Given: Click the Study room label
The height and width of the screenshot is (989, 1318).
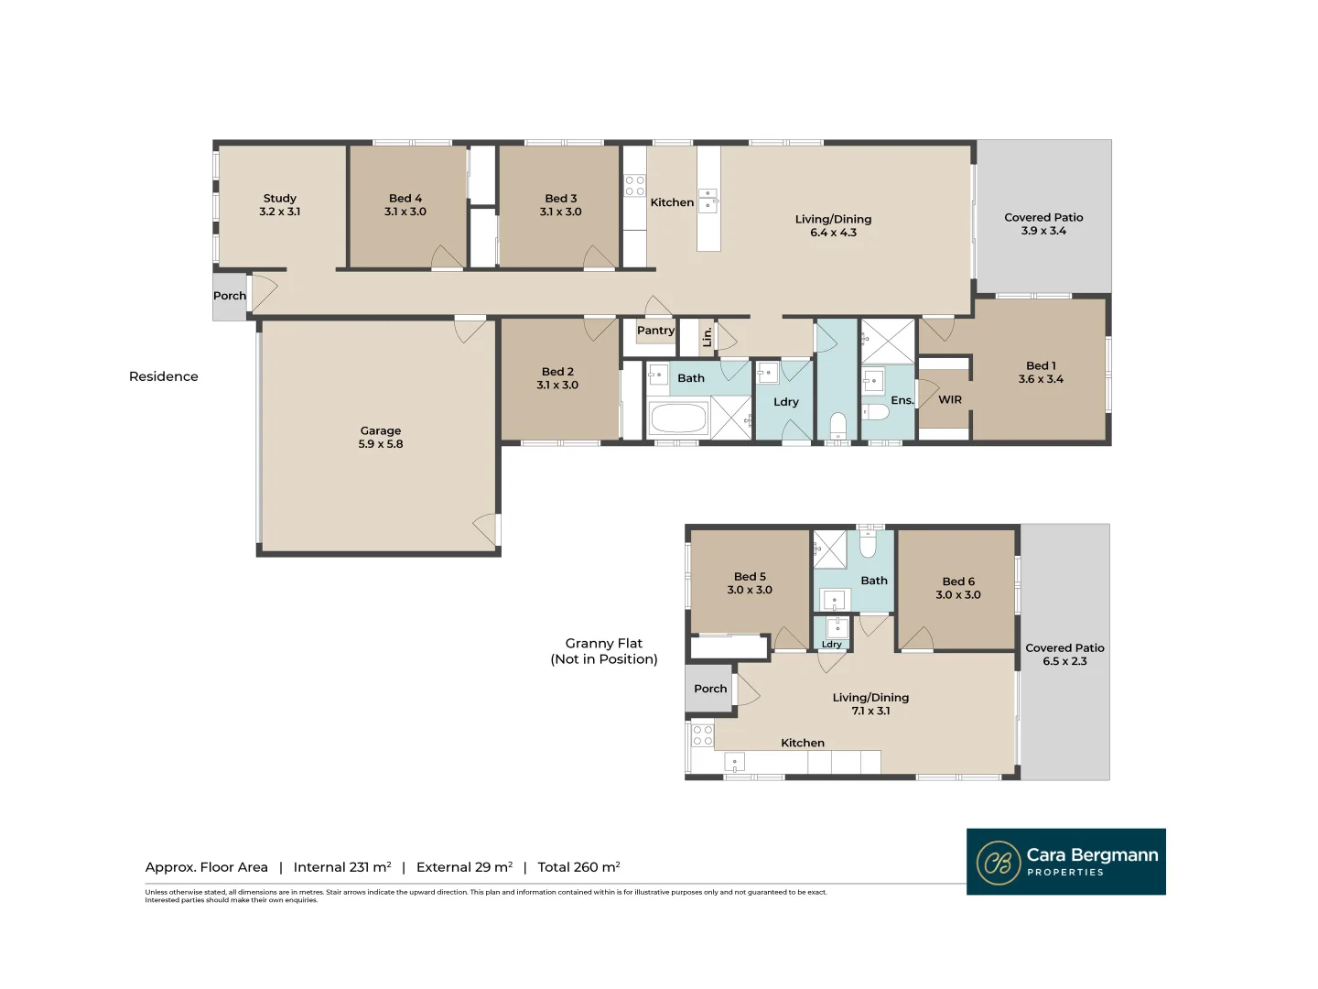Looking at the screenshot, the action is (x=280, y=205).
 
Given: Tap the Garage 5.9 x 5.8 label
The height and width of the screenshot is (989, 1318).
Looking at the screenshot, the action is (x=380, y=437).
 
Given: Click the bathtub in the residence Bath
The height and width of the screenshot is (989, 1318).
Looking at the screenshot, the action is (x=678, y=418).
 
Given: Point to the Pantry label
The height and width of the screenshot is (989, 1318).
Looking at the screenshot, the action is (x=655, y=331).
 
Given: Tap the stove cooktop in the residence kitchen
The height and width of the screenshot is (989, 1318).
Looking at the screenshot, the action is (x=634, y=186).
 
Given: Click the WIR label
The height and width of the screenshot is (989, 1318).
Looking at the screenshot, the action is (x=949, y=399).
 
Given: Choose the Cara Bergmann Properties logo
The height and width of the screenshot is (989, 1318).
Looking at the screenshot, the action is (x=1065, y=862).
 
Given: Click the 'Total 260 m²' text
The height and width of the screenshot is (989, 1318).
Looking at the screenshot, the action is (x=578, y=867).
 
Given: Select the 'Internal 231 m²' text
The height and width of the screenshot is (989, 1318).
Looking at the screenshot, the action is (x=342, y=867).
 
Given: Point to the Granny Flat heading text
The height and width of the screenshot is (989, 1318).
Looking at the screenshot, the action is (x=603, y=651).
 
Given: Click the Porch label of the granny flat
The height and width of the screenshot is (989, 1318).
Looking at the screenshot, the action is (x=709, y=689).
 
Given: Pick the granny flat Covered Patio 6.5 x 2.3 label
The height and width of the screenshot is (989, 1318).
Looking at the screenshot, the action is (x=1064, y=655).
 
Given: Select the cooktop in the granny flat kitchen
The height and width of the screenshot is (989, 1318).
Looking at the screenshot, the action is (x=702, y=735).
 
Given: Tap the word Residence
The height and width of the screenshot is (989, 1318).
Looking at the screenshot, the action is (x=163, y=376).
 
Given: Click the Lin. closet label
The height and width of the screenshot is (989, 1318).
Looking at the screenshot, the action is (x=708, y=337).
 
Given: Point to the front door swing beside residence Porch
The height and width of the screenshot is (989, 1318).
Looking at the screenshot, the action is (x=264, y=293).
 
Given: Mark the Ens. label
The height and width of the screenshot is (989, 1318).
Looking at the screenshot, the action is (x=902, y=400).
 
